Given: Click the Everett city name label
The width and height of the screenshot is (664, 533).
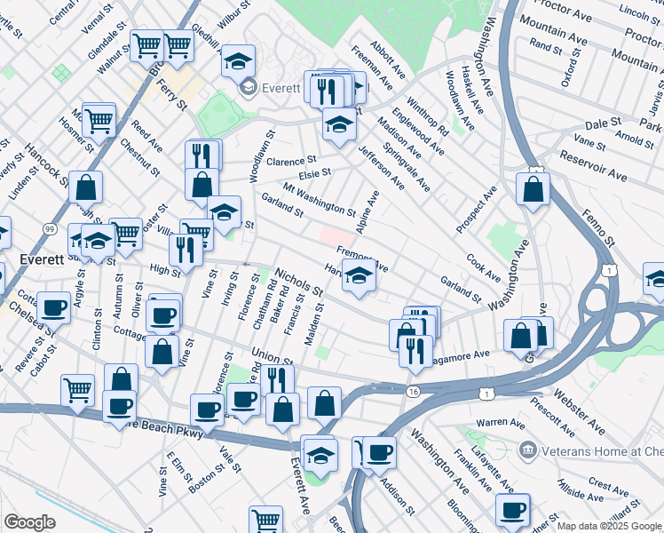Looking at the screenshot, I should coord(42,259).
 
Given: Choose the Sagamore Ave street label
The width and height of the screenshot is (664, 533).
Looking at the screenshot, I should coord(461,354).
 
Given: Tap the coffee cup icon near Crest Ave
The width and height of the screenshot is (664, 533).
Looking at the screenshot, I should coord(512,511).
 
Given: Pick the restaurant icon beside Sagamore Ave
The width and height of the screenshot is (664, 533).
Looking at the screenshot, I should coord(415,350).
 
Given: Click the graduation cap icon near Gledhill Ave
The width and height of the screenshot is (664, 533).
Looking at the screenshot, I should coord(237,60).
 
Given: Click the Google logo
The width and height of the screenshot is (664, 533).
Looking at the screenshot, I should coord(29,522).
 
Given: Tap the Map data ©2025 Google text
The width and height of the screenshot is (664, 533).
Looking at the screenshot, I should coord(609,526).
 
